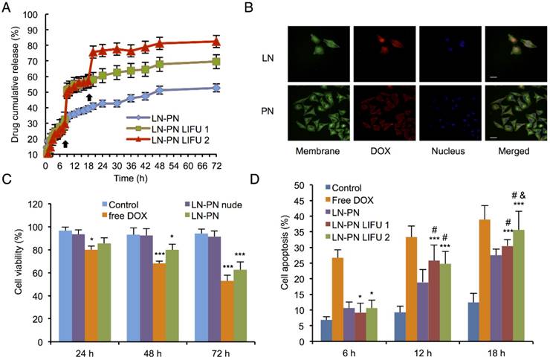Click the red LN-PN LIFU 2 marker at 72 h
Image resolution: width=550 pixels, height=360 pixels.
click(216, 42)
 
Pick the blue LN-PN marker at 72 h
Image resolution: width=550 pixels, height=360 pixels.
click(216, 88)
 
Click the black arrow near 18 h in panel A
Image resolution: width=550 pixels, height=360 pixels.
click(89, 97)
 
